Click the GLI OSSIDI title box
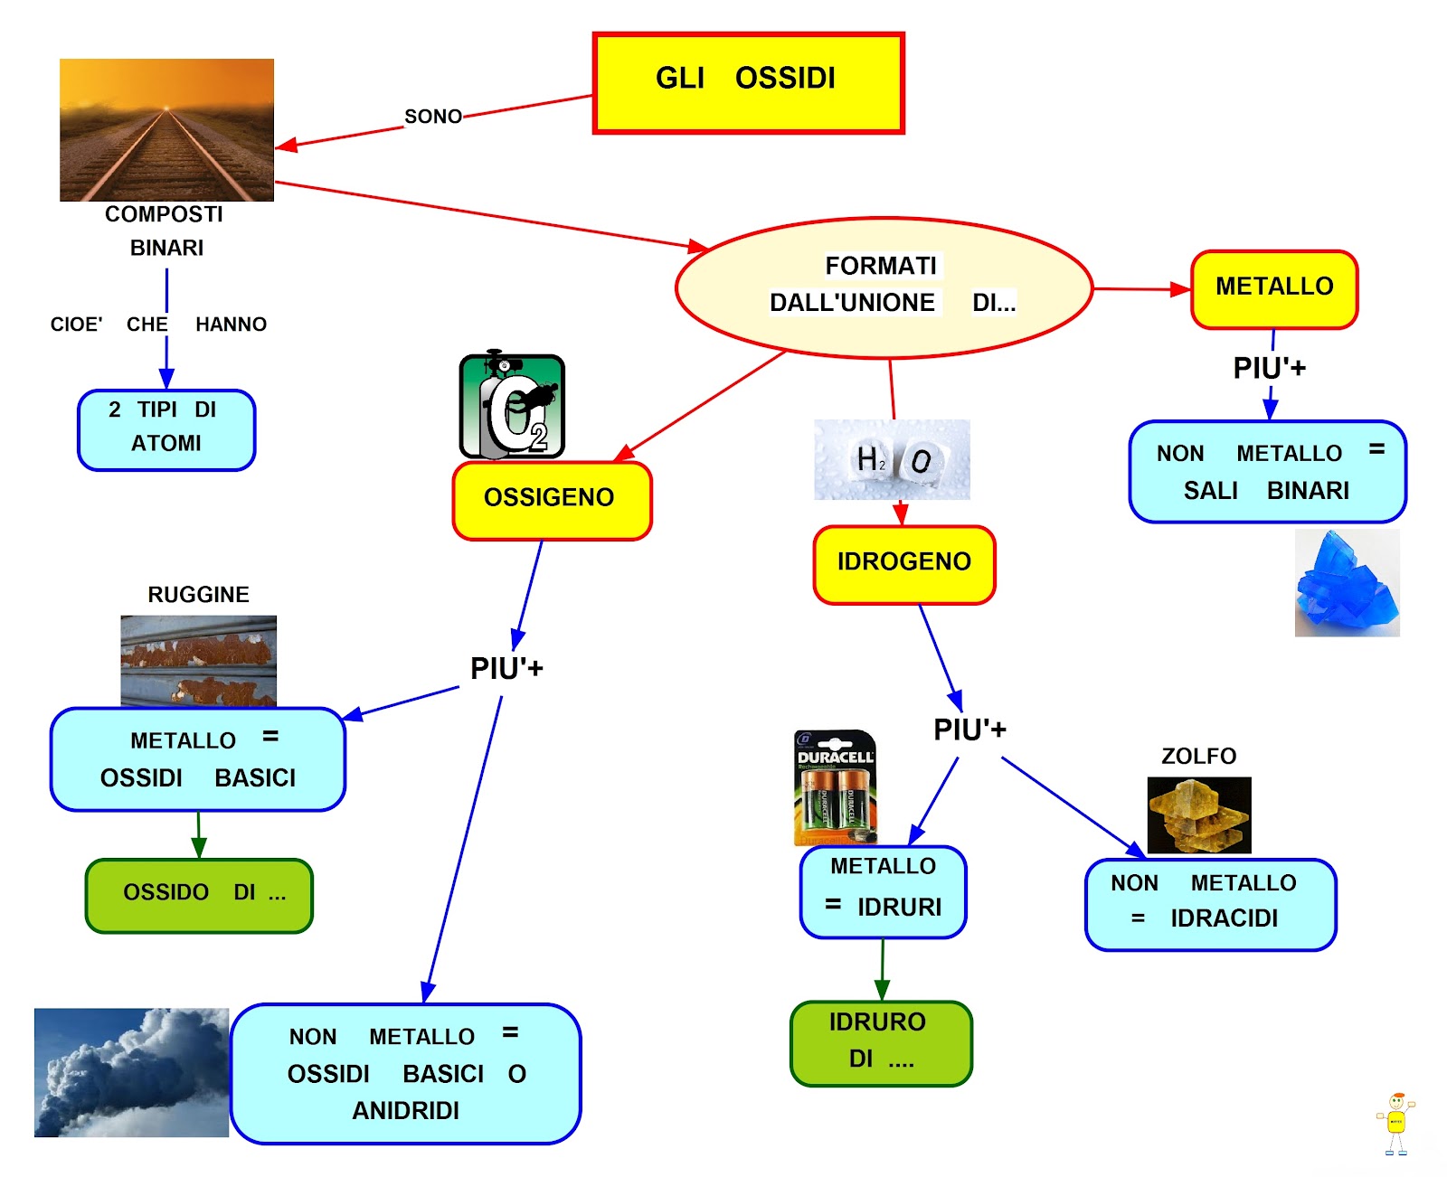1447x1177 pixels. coord(748,83)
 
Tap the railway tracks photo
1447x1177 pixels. coord(166,129)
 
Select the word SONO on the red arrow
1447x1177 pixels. coord(432,117)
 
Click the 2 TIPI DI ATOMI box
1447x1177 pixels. coord(166,429)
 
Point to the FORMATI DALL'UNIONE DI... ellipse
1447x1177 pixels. coord(884,287)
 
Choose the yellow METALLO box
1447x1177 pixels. coord(1273,289)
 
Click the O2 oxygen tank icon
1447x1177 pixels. coord(512,406)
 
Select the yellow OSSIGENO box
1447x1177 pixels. coord(552,500)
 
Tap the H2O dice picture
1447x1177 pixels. coord(892,459)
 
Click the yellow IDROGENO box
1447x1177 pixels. coord(903,564)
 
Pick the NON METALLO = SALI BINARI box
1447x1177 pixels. coord(1267,472)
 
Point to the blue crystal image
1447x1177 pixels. coord(1347,583)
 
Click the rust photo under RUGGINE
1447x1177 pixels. coord(198,660)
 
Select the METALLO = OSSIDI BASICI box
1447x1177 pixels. coord(198,759)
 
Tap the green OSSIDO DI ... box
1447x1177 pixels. coord(199,895)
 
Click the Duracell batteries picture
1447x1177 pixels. coord(835,786)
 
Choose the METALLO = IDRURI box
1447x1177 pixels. coord(883,891)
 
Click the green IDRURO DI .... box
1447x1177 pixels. coord(881,1042)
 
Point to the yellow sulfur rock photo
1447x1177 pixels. coord(1198,814)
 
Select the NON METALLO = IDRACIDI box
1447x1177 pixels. coord(1210,904)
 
